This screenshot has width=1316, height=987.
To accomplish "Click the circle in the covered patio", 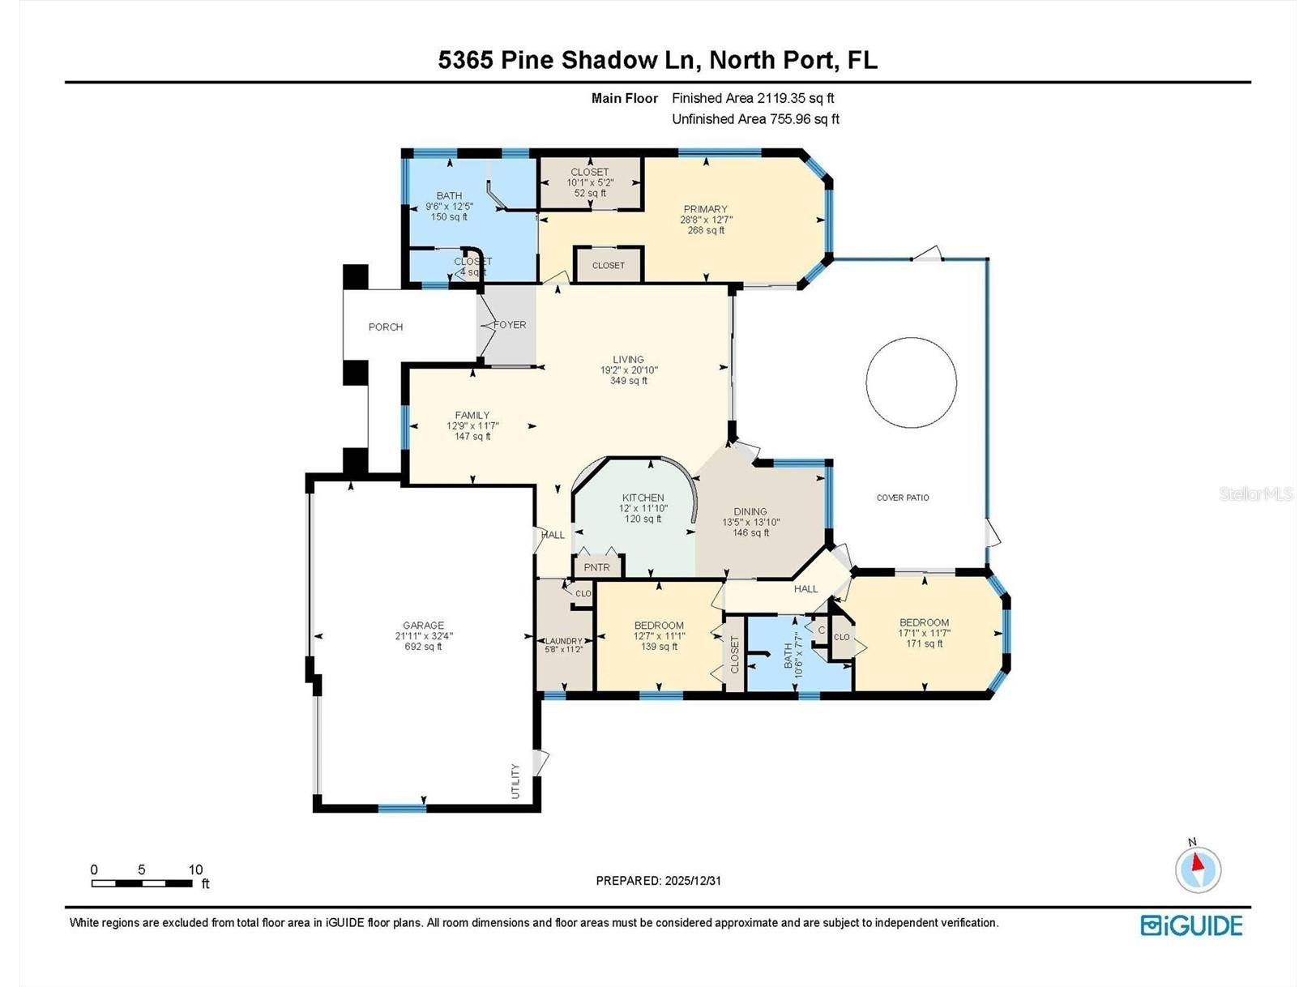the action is tap(865, 382).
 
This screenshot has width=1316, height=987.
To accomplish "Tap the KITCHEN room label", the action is tap(643, 498).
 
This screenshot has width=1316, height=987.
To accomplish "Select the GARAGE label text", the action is tap(423, 625).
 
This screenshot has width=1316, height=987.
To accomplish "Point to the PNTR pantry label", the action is tap(596, 567).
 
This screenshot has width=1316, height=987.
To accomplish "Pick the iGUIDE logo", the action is tap(1191, 925).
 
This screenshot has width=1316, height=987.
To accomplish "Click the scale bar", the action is tap(142, 883).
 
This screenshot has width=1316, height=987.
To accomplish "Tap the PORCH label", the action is tap(386, 327).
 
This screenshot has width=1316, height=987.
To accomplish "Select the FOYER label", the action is tap(510, 324).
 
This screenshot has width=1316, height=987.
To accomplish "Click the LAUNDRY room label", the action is tap(563, 641).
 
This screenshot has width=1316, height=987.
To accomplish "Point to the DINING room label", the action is tap(750, 511).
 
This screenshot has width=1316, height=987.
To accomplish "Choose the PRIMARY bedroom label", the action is tap(705, 208).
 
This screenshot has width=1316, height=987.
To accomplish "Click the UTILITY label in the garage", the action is tap(515, 781).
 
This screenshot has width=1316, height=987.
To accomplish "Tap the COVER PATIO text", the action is tap(902, 498).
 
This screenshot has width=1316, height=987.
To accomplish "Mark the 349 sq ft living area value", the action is tap(628, 381).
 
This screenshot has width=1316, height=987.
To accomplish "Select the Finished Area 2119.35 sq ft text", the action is tap(753, 98).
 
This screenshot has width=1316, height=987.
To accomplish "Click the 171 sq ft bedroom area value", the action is tap(924, 643).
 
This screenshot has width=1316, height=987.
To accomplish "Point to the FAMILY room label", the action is tap(472, 415).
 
